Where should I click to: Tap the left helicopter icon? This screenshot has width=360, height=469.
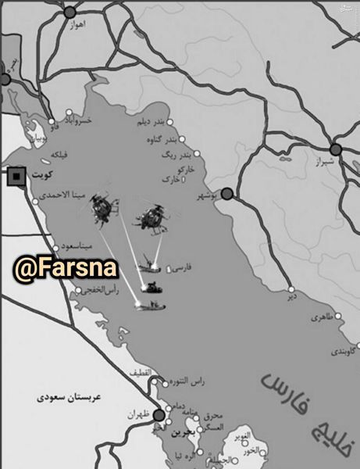pyautogui.click(x=102, y=207)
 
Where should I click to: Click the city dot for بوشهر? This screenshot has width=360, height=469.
pyautogui.click(x=227, y=193)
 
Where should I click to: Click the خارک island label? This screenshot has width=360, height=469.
pyautogui.click(x=170, y=180)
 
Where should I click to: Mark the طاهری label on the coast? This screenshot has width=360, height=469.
pyautogui.click(x=321, y=318)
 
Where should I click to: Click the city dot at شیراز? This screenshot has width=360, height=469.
pyautogui.click(x=336, y=149)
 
